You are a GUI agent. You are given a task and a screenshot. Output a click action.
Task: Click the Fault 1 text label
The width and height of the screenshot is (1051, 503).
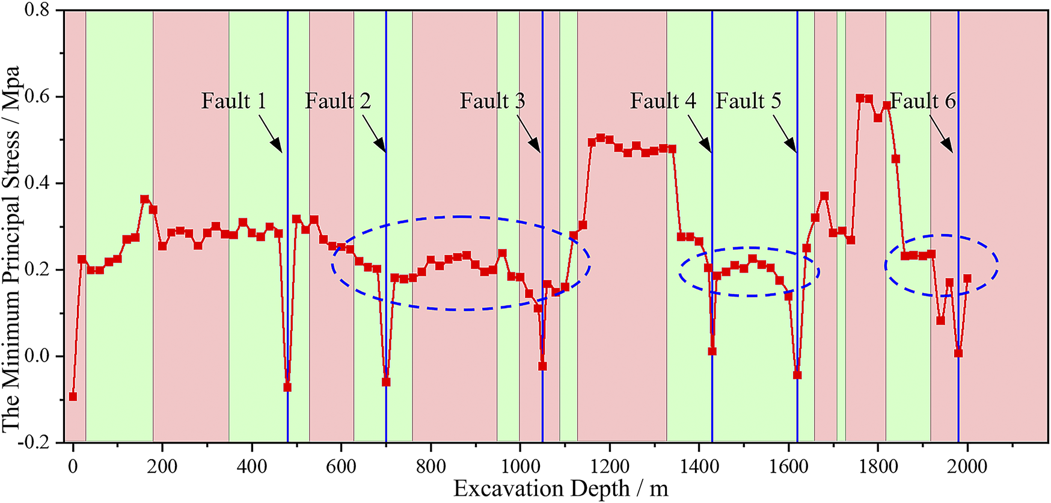tap(233, 101)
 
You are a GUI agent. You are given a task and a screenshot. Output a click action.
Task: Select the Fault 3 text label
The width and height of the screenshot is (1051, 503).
tap(492, 101)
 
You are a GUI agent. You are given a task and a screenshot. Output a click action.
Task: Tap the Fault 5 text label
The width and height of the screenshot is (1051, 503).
tap(748, 101)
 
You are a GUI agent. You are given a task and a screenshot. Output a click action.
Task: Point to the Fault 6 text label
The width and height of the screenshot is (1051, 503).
tap(923, 101)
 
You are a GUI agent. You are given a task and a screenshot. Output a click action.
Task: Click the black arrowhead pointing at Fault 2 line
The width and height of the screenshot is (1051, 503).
tap(380, 145)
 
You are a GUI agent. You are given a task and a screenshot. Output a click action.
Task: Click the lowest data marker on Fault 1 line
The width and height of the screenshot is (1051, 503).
tap(287, 387)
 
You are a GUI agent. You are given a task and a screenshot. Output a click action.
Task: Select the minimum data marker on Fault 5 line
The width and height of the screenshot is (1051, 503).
tap(797, 375)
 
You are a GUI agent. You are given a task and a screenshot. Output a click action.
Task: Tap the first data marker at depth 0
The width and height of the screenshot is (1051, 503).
tap(73, 397)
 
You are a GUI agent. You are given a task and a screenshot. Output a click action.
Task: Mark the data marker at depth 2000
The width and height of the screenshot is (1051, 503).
tap(967, 279)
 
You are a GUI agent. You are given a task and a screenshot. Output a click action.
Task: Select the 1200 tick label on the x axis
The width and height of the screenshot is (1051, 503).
tap(610, 467)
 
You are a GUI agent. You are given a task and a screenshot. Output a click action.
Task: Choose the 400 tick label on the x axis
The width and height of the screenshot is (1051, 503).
tap(252, 467)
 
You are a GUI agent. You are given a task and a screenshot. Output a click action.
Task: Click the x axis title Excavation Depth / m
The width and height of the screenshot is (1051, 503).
tap(560, 489)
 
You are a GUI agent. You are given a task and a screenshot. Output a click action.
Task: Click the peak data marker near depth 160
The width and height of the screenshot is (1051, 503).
tap(144, 199)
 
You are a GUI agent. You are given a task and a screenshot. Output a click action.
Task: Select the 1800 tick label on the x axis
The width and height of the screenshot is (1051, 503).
tap(878, 467)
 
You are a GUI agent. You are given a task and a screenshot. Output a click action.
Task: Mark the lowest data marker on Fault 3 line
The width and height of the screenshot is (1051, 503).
tap(542, 366)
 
